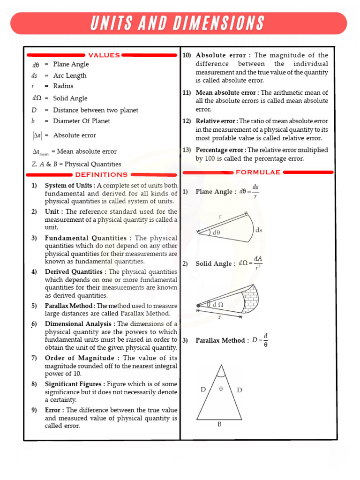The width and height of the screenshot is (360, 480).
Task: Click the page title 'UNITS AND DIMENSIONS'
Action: pos(178,23)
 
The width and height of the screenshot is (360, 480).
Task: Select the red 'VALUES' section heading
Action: pos(104,55)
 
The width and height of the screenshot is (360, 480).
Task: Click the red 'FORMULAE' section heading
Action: pos(258,172)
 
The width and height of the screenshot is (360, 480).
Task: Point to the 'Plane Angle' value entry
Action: pos(71,64)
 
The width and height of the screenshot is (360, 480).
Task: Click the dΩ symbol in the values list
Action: pos(37,98)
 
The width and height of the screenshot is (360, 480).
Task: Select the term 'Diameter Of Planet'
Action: pos(82,121)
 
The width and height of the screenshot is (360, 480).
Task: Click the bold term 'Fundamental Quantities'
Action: pos(85,238)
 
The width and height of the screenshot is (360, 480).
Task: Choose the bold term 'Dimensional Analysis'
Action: pos(78,324)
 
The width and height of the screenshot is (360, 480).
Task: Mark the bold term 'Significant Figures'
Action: pos(74,384)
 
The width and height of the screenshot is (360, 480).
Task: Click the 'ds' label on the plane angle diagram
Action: pos(259,230)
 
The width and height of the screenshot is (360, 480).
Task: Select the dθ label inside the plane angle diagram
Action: pos(216,232)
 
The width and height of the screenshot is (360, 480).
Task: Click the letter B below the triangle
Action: pos(219,425)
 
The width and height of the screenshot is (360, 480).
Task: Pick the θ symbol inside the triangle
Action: pos(220,389)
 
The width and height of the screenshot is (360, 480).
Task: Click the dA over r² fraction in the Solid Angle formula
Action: pos(257,263)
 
